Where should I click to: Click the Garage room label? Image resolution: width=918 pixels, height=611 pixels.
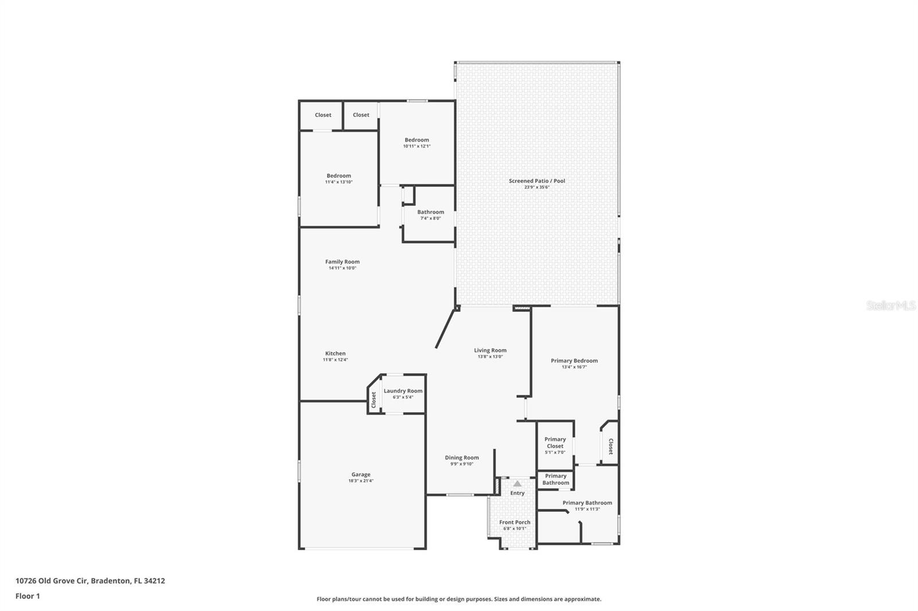pyautogui.click(x=361, y=475)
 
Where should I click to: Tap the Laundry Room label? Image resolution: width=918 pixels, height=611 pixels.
pyautogui.click(x=403, y=391)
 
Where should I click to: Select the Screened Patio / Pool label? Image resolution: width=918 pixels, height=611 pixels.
pyautogui.click(x=536, y=181)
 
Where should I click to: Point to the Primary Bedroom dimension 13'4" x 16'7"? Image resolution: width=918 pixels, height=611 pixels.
pyautogui.click(x=574, y=367)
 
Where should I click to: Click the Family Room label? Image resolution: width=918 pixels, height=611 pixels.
pyautogui.click(x=343, y=262)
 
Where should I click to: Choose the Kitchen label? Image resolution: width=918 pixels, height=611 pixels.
pyautogui.click(x=336, y=354)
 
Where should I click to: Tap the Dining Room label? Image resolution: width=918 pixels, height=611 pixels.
pyautogui.click(x=462, y=457)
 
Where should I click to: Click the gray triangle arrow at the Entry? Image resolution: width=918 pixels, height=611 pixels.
pyautogui.click(x=518, y=484)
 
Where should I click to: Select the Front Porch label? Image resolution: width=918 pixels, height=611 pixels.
pyautogui.click(x=515, y=522)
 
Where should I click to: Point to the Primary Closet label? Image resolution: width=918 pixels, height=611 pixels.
pyautogui.click(x=555, y=442)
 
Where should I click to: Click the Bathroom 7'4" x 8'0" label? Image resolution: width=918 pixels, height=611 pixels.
pyautogui.click(x=430, y=212)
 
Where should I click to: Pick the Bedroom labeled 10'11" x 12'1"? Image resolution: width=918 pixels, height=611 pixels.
pyautogui.click(x=417, y=140)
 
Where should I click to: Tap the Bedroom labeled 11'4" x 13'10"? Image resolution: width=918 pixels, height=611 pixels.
pyautogui.click(x=339, y=176)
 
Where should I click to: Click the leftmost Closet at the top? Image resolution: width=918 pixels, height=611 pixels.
pyautogui.click(x=323, y=115)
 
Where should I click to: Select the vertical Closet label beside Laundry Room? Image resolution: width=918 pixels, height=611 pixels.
pyautogui.click(x=374, y=399)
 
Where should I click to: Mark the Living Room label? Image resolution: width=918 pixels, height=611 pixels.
pyautogui.click(x=490, y=350)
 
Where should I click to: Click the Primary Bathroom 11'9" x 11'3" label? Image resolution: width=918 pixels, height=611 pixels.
pyautogui.click(x=587, y=503)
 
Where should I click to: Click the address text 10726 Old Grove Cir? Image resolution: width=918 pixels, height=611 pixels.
pyautogui.click(x=52, y=581)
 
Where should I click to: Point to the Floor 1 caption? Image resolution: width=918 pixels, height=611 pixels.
pyautogui.click(x=28, y=596)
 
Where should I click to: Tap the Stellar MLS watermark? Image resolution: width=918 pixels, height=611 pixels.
pyautogui.click(x=890, y=306)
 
